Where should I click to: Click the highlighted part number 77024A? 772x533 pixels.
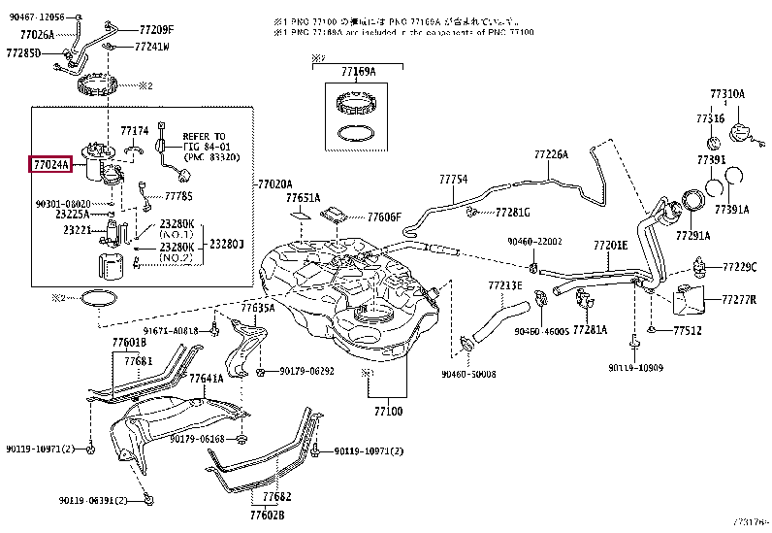tap(50, 165)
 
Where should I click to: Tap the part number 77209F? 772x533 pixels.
tap(156, 29)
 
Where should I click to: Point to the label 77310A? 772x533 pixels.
tap(726, 94)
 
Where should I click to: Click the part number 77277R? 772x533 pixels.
tap(739, 299)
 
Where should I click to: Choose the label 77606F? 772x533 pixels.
tap(384, 217)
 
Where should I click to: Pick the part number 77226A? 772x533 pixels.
tap(550, 154)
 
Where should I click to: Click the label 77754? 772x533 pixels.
tap(452, 180)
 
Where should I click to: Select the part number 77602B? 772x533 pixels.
tap(266, 515)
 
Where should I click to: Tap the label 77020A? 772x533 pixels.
tap(274, 183)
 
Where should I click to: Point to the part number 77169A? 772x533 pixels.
tap(358, 72)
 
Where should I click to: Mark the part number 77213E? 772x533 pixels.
tap(504, 285)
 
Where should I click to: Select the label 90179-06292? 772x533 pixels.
tap(306, 371)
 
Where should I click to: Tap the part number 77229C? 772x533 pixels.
tap(739, 266)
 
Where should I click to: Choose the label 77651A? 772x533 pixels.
tap(304, 197)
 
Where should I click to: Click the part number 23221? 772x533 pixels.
tap(78, 230)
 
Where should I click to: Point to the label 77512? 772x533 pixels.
tap(688, 331)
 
